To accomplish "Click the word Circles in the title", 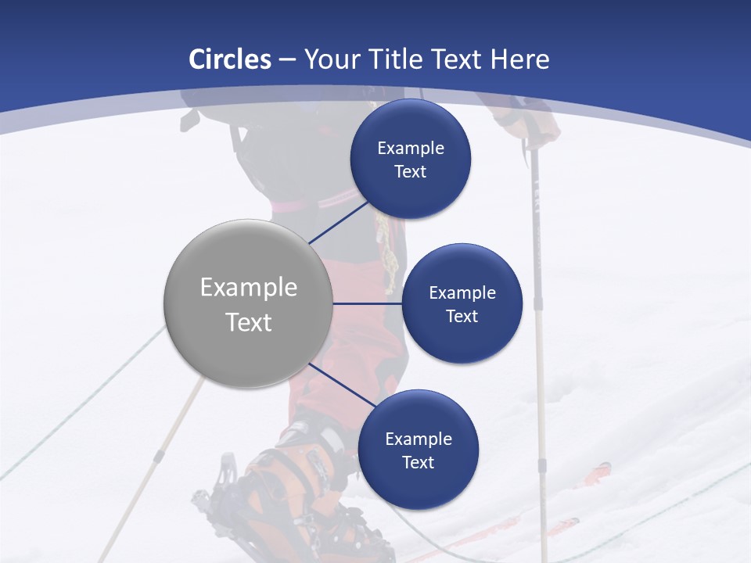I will [x=230, y=59].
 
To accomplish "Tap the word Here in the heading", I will [x=520, y=59].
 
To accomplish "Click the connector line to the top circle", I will [x=338, y=222].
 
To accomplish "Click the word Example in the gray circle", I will [x=249, y=288].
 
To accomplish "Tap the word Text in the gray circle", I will [x=249, y=322].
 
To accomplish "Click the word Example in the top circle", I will [x=411, y=148].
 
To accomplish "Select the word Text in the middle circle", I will [x=462, y=316].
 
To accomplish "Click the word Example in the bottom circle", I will [x=419, y=439].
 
